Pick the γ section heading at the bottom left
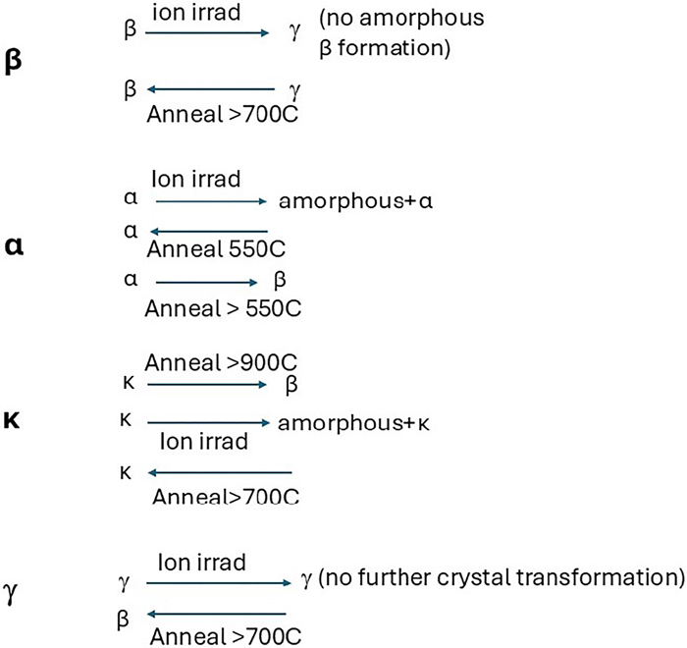[x=13, y=593]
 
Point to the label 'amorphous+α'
[x=356, y=202]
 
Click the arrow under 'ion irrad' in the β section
[x=207, y=33]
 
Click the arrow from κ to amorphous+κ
[x=208, y=423]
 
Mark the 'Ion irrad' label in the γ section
[x=201, y=563]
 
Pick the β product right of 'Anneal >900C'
[x=291, y=385]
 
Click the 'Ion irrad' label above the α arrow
[x=196, y=180]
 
